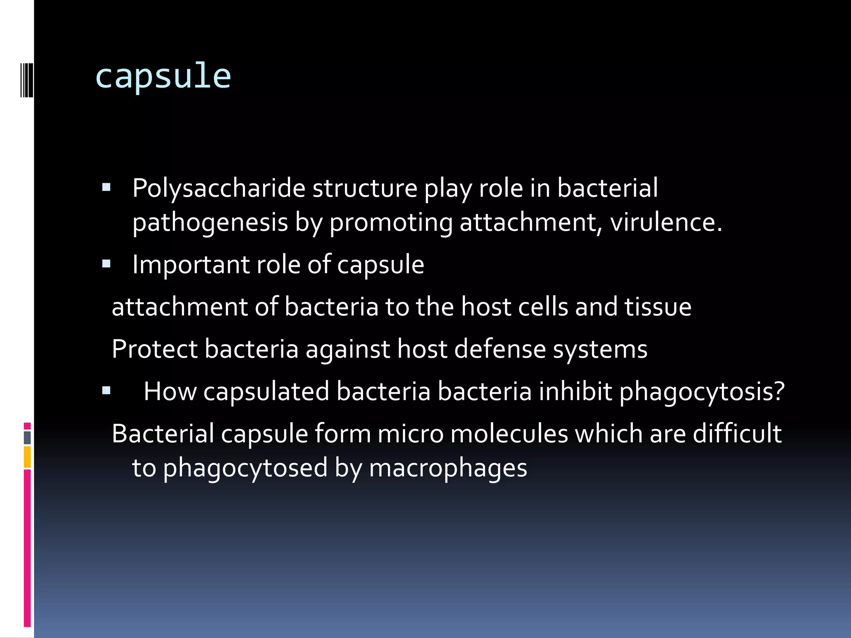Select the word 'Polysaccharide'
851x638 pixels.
(219, 189)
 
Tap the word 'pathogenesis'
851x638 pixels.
(210, 223)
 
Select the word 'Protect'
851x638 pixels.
(155, 349)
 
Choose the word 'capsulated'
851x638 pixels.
(266, 391)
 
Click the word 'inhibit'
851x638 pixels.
(575, 391)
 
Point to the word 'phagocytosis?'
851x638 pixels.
(702, 392)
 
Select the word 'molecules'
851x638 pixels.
(509, 434)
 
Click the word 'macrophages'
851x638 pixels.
(448, 469)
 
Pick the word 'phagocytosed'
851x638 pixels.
(245, 469)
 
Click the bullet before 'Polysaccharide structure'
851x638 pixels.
(106, 187)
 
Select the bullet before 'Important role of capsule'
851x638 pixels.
(106, 263)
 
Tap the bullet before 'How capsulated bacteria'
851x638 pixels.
(106, 390)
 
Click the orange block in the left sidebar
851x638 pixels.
(27, 457)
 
